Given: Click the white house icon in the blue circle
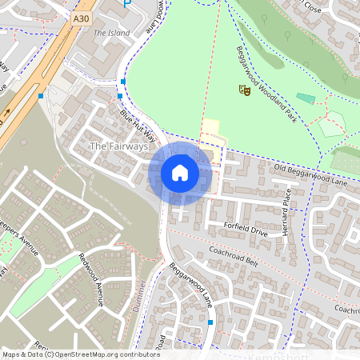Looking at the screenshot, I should pyautogui.click(x=180, y=172).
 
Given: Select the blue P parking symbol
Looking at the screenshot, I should pyautogui.click(x=126, y=5).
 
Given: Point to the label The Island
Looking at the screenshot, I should pyautogui.click(x=111, y=33).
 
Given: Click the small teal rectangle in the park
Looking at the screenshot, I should pyautogui.click(x=306, y=98).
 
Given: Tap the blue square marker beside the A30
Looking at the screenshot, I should pyautogui.click(x=41, y=97).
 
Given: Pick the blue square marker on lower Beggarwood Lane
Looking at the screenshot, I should pyautogui.click(x=210, y=322).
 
